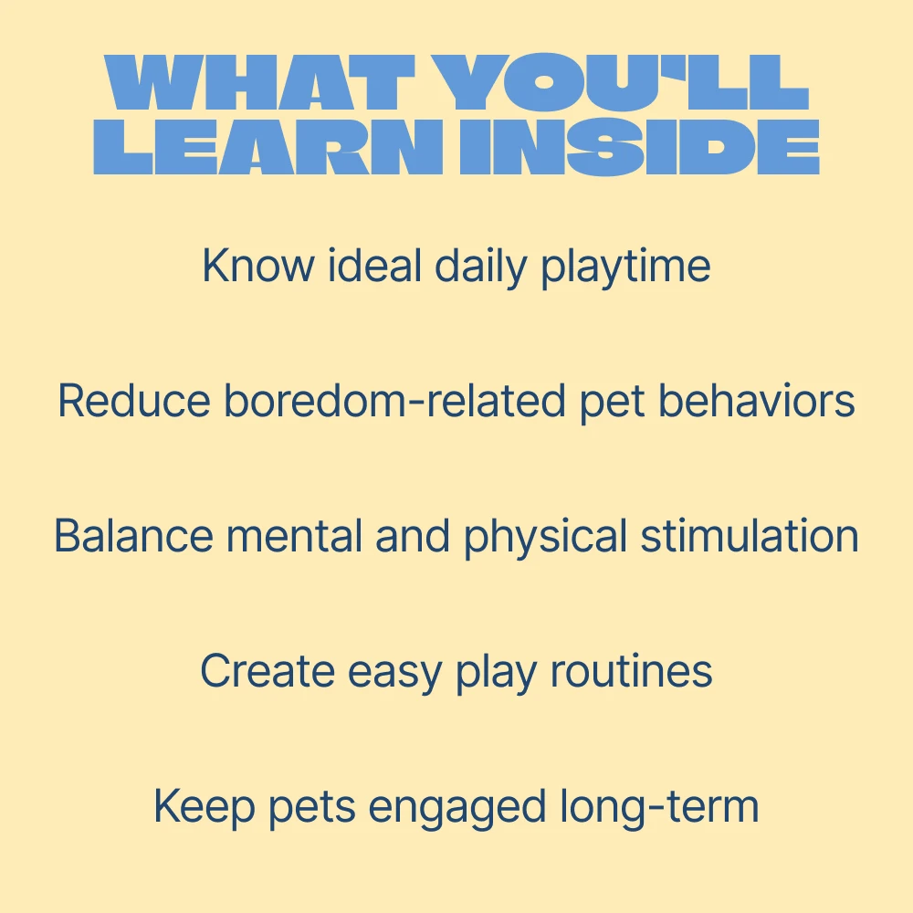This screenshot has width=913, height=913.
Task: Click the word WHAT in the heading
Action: [x=259, y=82]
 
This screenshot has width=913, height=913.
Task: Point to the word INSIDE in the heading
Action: [x=640, y=147]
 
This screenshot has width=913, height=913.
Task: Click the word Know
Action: [x=257, y=266]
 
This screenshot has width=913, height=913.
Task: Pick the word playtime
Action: [x=626, y=268]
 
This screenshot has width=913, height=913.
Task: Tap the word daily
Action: [x=480, y=268]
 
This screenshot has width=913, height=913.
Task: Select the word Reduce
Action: [x=134, y=401]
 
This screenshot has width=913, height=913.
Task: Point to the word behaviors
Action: [x=756, y=400]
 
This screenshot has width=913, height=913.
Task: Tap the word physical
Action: [x=545, y=538]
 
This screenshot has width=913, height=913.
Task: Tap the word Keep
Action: [x=205, y=808]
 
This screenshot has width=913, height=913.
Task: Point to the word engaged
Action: [x=457, y=810]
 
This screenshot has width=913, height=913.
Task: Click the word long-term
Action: [x=659, y=807]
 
